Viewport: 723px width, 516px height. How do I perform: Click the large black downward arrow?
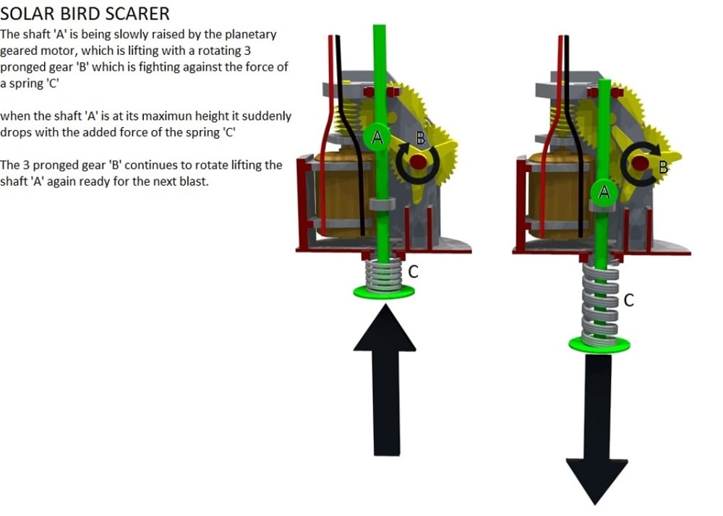click(x=596, y=434)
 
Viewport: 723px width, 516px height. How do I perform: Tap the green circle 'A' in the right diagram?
click(x=605, y=192)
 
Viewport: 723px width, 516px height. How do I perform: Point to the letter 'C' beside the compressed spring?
click(x=414, y=272)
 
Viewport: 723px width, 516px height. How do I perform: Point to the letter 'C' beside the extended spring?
click(x=628, y=300)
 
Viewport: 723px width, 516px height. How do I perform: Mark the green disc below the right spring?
click(x=598, y=345)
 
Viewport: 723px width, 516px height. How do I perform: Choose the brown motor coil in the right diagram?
click(x=549, y=192)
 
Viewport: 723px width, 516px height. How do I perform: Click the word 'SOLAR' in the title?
click(x=27, y=13)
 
